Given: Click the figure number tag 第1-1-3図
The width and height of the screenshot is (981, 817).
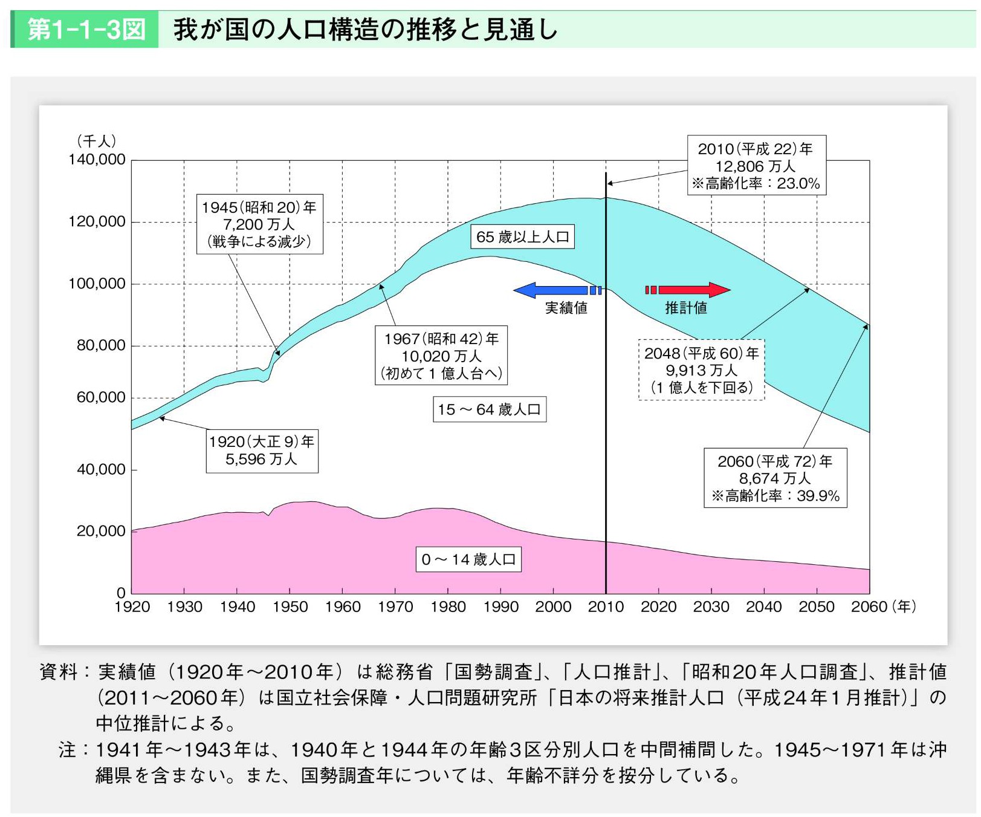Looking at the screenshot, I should (x=86, y=29).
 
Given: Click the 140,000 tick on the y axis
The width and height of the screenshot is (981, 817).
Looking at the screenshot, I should (x=97, y=160).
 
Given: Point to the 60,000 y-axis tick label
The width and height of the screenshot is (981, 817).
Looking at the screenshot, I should (x=101, y=397).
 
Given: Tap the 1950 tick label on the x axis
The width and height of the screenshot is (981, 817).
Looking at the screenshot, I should (x=290, y=607).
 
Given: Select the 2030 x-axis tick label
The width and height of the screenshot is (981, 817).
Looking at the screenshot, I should (x=711, y=607).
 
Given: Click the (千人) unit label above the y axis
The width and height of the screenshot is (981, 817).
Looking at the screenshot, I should (x=96, y=141).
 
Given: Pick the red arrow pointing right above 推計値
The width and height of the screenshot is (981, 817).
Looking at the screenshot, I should (x=689, y=290).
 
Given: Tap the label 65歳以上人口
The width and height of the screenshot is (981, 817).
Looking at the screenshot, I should (x=522, y=237).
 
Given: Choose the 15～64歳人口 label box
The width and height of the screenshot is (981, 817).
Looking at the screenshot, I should (x=490, y=409).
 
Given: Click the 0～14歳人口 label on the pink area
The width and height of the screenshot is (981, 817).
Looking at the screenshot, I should (x=468, y=559).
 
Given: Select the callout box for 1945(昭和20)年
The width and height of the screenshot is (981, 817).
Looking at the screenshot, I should (x=259, y=224).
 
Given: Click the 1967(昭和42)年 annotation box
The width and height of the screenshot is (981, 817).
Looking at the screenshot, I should (x=441, y=356).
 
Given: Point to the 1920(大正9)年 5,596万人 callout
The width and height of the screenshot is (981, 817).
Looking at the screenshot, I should (x=262, y=451).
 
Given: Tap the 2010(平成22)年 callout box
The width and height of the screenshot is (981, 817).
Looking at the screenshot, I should (x=756, y=165).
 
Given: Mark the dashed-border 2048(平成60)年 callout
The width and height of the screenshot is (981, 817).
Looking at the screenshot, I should (x=701, y=369).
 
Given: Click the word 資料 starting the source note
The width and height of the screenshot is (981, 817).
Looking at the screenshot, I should (x=58, y=672).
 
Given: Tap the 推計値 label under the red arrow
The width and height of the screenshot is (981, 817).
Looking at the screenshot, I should (x=686, y=308).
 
